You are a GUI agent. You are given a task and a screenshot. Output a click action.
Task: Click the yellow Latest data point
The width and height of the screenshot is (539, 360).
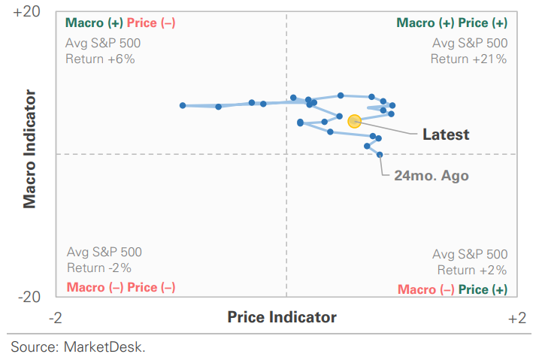(x=355, y=120)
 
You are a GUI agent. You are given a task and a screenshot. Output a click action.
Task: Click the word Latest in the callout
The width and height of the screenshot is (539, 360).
(x=446, y=135)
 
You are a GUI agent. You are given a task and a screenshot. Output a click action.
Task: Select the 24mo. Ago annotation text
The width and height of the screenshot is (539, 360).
(x=432, y=175)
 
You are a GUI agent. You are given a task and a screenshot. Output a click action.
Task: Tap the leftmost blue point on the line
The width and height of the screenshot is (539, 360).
(x=183, y=105)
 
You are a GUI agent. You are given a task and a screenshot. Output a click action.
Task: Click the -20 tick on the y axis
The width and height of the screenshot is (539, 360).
(x=29, y=298)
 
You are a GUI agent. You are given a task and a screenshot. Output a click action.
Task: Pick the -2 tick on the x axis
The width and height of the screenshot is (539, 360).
(x=56, y=318)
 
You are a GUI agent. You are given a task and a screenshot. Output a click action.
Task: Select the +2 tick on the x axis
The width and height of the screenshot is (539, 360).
(x=516, y=318)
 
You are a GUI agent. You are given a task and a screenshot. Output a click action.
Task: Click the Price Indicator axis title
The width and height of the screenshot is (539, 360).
(x=282, y=317)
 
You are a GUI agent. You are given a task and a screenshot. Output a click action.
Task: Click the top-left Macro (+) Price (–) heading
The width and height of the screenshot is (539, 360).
(x=121, y=23)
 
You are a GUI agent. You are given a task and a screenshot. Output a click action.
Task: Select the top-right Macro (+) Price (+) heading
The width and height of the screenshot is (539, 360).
(x=452, y=23)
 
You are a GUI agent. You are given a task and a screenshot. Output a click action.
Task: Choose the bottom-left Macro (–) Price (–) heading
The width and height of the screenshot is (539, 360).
(x=121, y=287)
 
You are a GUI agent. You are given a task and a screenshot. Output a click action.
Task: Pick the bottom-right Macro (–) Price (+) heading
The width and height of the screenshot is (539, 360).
(x=452, y=289)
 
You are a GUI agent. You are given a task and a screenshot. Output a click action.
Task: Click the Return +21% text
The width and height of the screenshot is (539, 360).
(x=469, y=59)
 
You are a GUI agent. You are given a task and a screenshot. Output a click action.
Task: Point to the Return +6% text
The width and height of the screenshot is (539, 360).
(x=100, y=58)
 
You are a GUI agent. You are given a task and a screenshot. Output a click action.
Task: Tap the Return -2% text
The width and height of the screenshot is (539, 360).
(x=99, y=268)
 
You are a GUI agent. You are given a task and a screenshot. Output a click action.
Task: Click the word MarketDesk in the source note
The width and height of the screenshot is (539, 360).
(x=104, y=346)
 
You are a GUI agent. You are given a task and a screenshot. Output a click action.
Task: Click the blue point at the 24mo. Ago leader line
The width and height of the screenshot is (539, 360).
(x=380, y=155)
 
